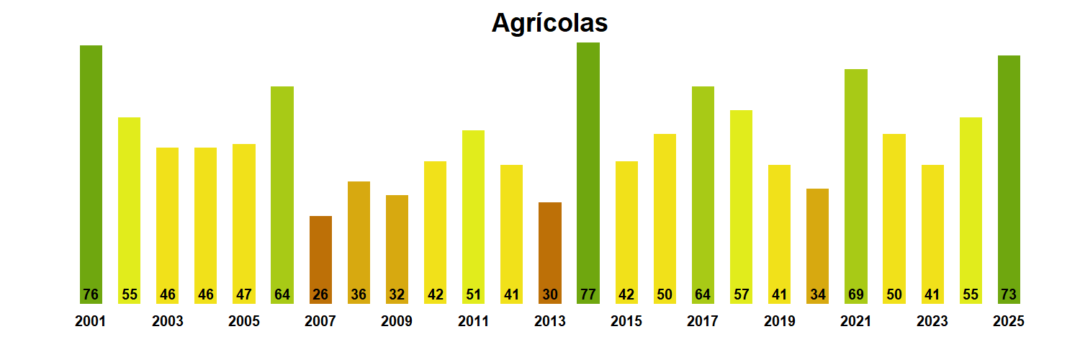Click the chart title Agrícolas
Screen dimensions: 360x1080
549,23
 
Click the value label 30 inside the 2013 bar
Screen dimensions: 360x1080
550,294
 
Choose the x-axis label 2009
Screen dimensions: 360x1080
397,321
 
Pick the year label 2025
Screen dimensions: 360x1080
1008,321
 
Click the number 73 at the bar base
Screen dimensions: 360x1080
1009,294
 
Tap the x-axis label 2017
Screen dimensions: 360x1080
703,321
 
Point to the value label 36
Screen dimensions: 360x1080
359,294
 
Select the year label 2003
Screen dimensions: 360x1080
168,321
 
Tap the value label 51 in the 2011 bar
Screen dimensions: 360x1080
473,294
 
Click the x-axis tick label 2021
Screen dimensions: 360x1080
855,321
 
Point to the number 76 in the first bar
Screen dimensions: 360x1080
91,294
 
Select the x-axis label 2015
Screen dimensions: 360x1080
626,321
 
